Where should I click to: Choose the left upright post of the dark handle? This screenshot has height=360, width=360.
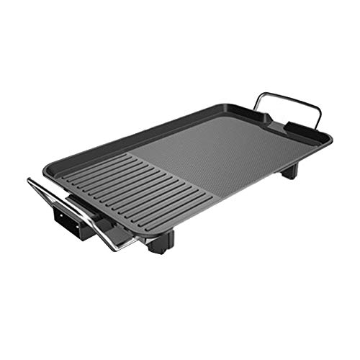261,108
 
